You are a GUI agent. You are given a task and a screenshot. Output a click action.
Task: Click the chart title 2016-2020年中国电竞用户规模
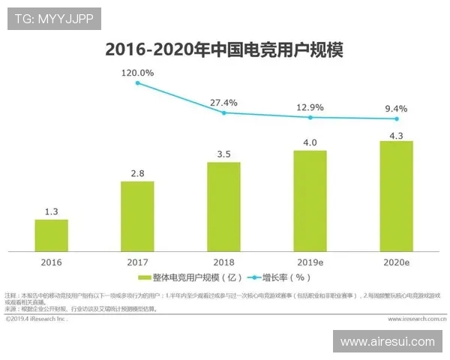224,49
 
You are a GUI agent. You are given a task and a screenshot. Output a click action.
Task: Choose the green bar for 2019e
310,199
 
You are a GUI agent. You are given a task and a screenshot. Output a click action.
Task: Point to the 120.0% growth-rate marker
137,82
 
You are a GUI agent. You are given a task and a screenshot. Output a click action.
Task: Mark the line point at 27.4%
223,112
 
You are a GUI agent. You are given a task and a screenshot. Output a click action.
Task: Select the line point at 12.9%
310,117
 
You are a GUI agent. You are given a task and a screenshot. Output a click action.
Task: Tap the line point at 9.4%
396,118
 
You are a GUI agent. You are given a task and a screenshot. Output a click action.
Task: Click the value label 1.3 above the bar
51,211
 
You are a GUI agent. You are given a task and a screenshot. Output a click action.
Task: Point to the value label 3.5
223,154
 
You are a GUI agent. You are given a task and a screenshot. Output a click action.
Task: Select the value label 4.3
396,133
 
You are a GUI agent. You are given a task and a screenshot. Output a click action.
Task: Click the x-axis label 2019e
310,262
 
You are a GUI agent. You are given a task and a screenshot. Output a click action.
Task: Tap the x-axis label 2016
51,262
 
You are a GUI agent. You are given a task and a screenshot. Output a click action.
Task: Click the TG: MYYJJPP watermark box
54,19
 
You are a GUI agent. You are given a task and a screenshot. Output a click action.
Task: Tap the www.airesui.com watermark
387,341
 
